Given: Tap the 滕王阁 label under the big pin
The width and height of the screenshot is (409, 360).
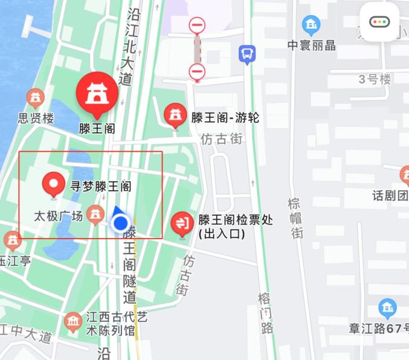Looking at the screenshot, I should pyautogui.click(x=97, y=128).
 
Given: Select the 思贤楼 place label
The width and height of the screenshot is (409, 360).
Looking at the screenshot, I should pyautogui.click(x=36, y=118).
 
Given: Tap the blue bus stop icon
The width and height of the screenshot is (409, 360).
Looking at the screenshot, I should pyautogui.click(x=247, y=54).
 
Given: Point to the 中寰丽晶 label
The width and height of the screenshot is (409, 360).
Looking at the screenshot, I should pyautogui.click(x=311, y=45).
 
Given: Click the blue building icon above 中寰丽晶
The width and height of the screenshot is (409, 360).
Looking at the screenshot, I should pyautogui.click(x=311, y=25).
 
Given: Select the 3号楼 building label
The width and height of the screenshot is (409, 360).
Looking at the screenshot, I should pyautogui.click(x=375, y=79).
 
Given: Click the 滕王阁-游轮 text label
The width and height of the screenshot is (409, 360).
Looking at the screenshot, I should pyautogui.click(x=225, y=118).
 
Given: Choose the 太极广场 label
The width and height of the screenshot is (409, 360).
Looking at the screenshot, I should pyautogui.click(x=58, y=216).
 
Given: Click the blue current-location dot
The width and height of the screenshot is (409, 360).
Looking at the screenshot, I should pyautogui.click(x=121, y=223).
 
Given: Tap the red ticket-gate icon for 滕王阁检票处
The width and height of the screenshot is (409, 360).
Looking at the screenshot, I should pyautogui.click(x=182, y=223).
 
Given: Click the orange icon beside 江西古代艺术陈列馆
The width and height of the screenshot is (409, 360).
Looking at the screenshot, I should pyautogui.click(x=73, y=321).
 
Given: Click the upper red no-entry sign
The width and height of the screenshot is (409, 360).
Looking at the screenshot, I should pyautogui.click(x=197, y=25).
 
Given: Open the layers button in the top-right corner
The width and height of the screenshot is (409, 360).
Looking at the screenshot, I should pyautogui.click(x=379, y=22).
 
